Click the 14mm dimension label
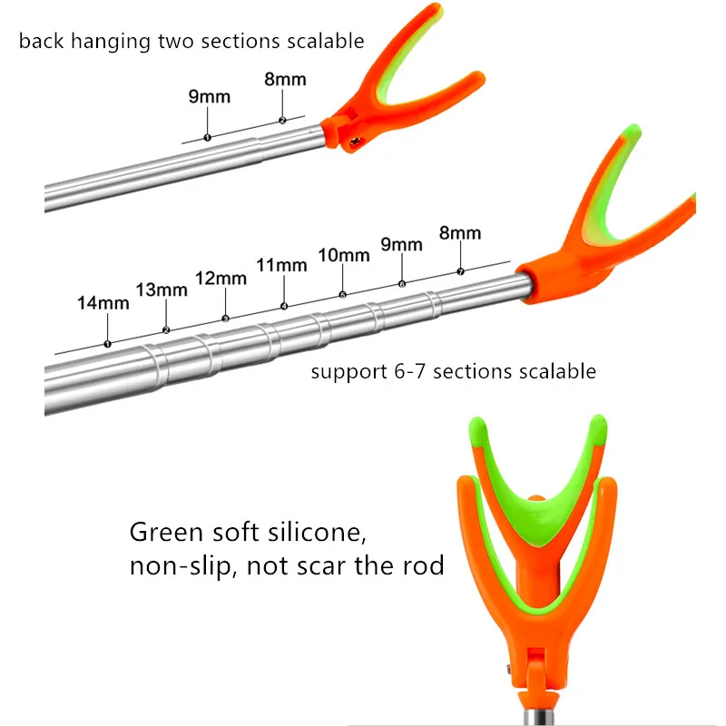pos(103,303)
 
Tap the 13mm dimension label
pos(162,290)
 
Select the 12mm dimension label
pos(221,279)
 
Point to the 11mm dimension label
pos(281,265)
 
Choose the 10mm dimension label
pos(344,255)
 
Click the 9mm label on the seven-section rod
pos(401,244)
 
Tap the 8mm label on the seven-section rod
pos(460,233)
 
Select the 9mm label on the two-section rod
pos(210,97)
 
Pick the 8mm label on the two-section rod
pos(285,80)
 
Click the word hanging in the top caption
pos(111,42)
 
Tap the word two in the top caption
pos(176,41)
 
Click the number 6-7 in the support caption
pos(410,371)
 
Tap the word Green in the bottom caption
pos(167,532)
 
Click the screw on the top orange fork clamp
pos(354,141)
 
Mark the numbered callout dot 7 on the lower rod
pos(460,271)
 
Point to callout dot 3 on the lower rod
pos(225,319)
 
